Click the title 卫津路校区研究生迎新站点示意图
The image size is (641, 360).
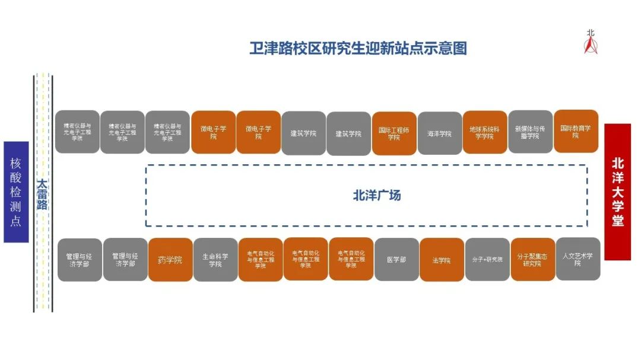(x=358, y=48)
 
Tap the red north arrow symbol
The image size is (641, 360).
(x=591, y=43)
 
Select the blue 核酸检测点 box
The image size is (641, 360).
(x=16, y=192)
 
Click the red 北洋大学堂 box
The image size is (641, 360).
(x=617, y=192)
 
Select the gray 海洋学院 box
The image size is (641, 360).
(x=439, y=133)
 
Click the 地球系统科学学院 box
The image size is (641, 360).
(x=484, y=132)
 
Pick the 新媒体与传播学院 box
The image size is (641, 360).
(x=530, y=132)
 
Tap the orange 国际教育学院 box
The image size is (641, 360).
(x=575, y=131)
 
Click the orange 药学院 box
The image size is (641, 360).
(x=170, y=260)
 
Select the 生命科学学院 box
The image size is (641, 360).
(x=215, y=260)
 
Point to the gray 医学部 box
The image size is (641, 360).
(x=396, y=259)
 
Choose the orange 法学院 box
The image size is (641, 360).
(x=442, y=260)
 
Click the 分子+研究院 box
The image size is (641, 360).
(x=487, y=259)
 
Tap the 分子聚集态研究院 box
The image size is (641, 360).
(x=532, y=259)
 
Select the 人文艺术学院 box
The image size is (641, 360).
(x=577, y=259)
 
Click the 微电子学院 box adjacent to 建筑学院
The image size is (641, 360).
(x=258, y=132)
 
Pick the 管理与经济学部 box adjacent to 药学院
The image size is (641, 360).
(x=125, y=259)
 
